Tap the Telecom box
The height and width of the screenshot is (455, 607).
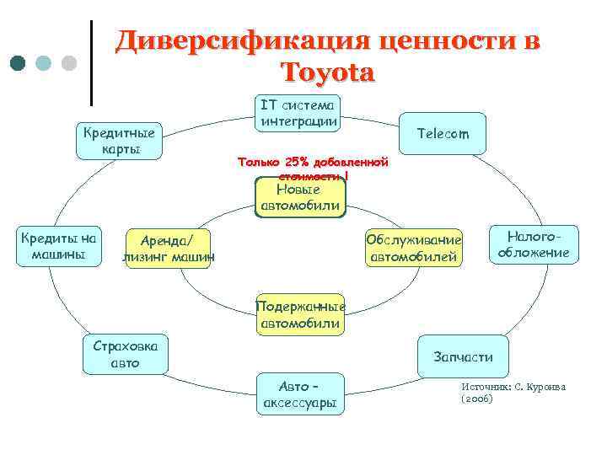(x=443, y=135)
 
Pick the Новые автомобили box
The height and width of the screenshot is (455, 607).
(x=299, y=198)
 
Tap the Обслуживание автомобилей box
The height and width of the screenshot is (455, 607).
(x=414, y=247)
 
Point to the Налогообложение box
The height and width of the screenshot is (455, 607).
(x=534, y=244)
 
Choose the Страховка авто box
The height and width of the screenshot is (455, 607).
(x=125, y=355)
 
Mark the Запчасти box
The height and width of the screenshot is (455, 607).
(x=463, y=356)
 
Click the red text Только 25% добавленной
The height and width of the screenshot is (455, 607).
(x=312, y=161)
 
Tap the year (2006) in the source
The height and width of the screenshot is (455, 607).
(x=477, y=399)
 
